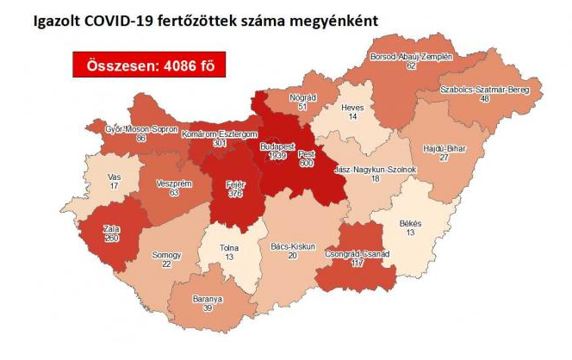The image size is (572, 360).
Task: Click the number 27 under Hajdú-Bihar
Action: click(445, 158)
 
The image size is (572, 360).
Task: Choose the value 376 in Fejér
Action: click(234, 194)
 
